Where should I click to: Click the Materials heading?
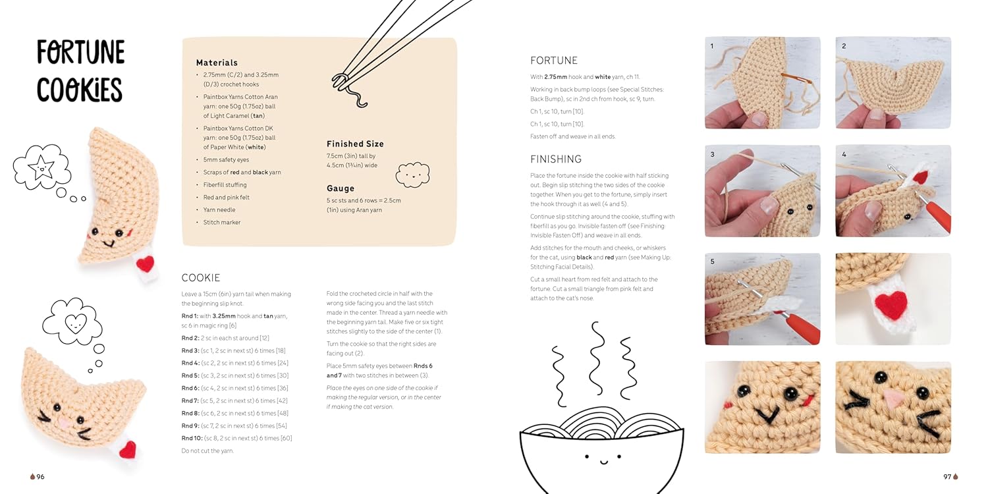click(217, 63)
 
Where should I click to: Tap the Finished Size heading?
click(355, 144)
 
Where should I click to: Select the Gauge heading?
click(340, 188)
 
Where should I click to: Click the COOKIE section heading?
click(201, 277)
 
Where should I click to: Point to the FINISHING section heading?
click(556, 159)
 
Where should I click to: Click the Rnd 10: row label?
click(192, 438)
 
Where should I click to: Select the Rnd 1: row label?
click(190, 316)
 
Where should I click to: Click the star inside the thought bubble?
click(41, 167)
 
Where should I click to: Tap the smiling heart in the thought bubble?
click(76, 324)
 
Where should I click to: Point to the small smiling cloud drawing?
click(412, 175)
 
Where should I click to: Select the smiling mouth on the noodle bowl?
click(603, 462)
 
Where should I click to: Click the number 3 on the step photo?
click(712, 154)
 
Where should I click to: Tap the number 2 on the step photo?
click(844, 46)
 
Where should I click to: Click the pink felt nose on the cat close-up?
click(894, 398)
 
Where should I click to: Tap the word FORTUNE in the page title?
click(81, 53)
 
